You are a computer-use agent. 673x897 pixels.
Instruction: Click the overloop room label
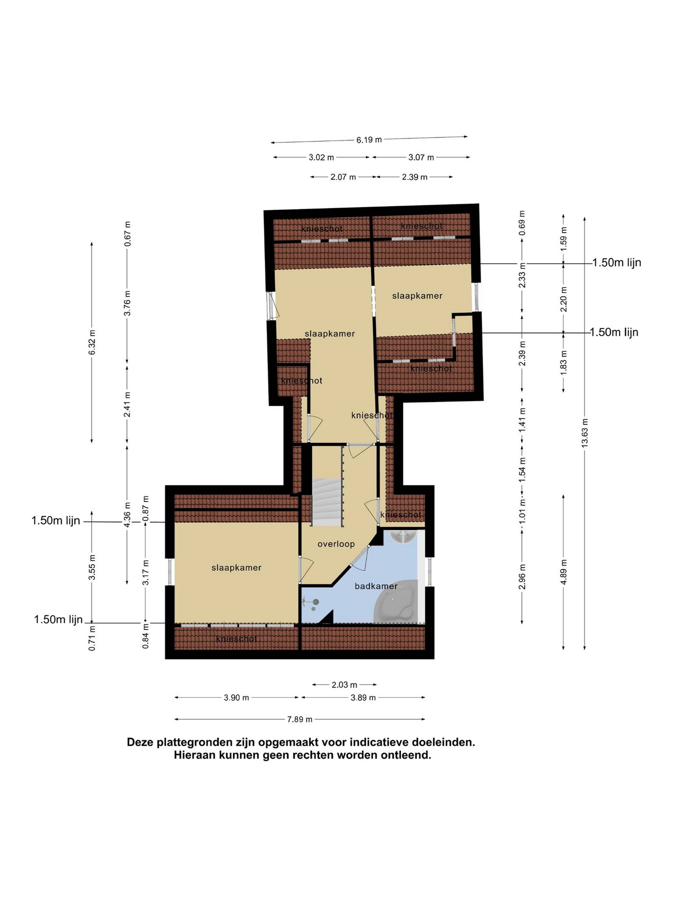[336, 544]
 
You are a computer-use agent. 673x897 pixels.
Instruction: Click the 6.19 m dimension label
[369, 140]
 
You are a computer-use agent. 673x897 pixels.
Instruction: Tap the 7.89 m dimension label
[300, 719]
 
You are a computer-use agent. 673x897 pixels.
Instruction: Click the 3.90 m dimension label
[236, 697]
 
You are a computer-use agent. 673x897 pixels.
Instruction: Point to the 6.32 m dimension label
[93, 342]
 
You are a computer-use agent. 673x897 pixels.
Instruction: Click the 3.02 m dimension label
[321, 157]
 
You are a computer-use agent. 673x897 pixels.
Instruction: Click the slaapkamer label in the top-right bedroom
[417, 296]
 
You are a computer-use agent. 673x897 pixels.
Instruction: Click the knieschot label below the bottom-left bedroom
[236, 639]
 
